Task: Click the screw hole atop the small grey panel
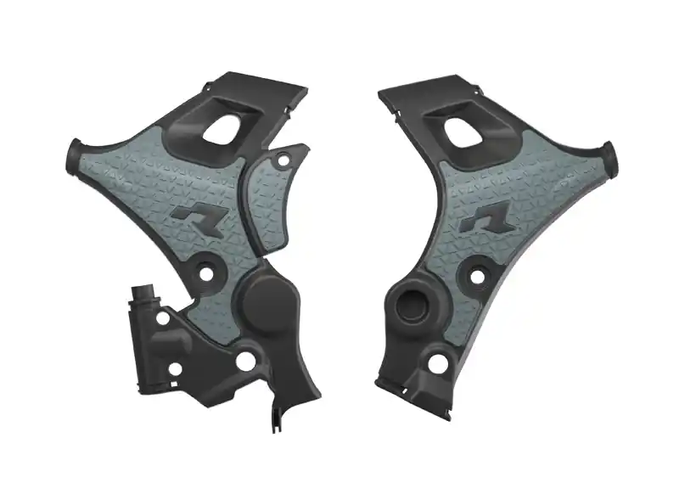pyautogui.click(x=277, y=160)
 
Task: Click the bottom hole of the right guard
pyautogui.click(x=439, y=363)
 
